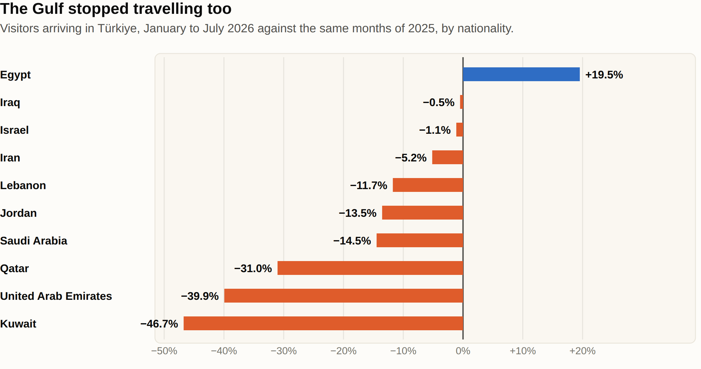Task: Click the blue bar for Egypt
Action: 521,74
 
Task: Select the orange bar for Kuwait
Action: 323,323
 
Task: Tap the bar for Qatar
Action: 370,268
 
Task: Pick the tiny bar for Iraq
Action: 461,102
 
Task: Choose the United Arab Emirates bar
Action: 344,296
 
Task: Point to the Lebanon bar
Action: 428,185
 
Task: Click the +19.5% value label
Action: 604,75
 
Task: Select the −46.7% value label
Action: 159,324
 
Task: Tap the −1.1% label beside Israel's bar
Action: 435,130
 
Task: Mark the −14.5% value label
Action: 352,241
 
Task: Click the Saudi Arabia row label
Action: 34,241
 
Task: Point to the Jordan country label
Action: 18,213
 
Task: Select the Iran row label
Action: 10,158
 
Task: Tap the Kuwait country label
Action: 18,324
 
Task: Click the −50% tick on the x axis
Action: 164,351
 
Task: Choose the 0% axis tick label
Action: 463,351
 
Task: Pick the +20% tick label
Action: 582,351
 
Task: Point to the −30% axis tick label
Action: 284,351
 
